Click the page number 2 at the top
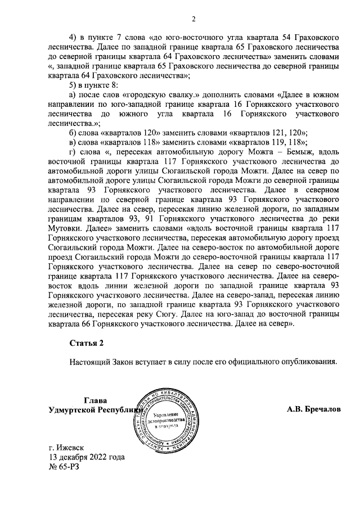[x=193, y=20]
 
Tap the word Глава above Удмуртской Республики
[x=95, y=401]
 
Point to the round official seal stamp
[x=168, y=421]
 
